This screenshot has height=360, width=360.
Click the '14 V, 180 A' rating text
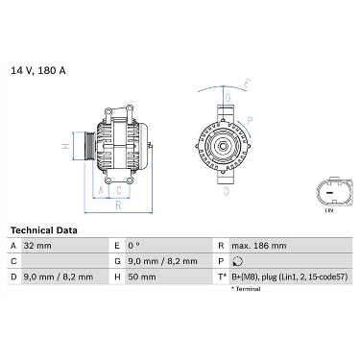click(38, 70)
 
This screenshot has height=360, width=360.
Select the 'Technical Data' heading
click(44, 230)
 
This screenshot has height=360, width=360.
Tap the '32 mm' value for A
click(37, 246)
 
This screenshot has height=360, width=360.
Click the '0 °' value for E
click(134, 246)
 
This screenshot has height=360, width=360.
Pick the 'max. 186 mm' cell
click(259, 246)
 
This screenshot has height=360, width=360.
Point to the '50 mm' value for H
click(142, 276)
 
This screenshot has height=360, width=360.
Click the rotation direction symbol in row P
click(238, 261)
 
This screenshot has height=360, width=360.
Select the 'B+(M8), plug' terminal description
click(254, 276)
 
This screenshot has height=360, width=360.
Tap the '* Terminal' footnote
click(246, 289)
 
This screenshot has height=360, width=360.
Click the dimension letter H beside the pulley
click(66, 146)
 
